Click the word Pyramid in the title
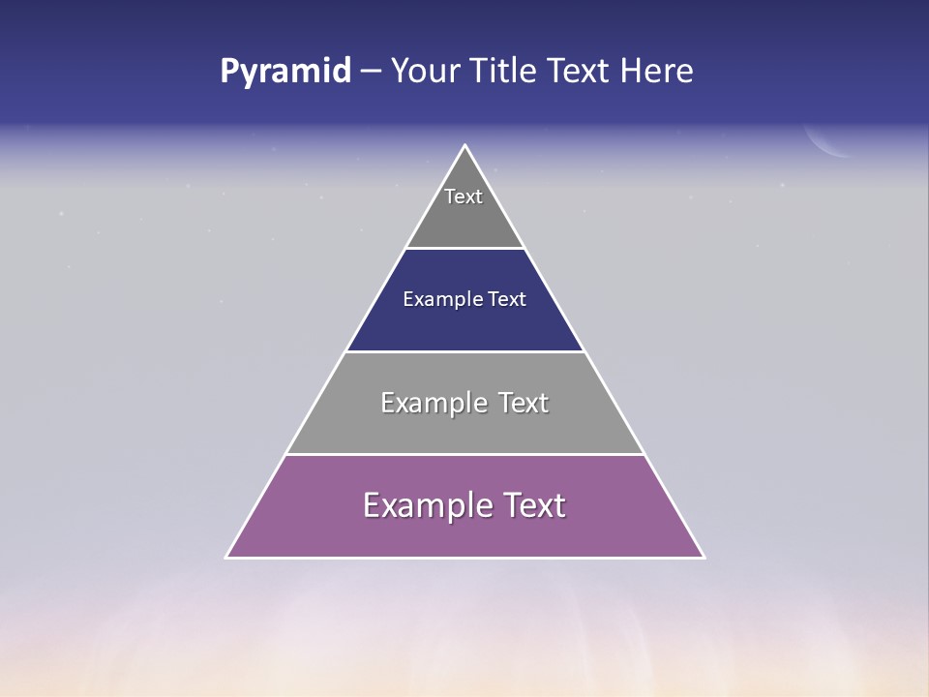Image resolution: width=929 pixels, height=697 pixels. [285, 72]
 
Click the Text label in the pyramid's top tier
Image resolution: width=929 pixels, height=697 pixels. [464, 197]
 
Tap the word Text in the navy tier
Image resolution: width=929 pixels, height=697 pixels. [507, 299]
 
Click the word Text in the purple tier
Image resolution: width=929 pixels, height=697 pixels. [530, 505]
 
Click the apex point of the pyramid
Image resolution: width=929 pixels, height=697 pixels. [465, 146]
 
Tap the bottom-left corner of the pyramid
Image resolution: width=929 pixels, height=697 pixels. [227, 557]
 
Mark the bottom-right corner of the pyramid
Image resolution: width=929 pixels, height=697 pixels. [703, 557]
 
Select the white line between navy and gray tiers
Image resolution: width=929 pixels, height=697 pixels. [465, 351]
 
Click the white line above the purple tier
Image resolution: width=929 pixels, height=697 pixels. [465, 454]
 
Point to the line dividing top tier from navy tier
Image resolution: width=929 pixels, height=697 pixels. [465, 249]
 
